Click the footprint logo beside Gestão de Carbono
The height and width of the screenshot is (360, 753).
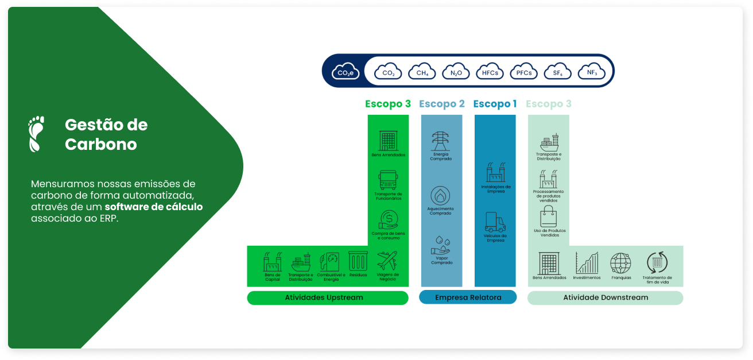pos(36,134)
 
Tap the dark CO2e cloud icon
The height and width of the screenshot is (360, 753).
pos(346,71)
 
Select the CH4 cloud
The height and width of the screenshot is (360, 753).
pos(422,71)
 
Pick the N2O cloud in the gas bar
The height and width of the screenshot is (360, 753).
pos(456,71)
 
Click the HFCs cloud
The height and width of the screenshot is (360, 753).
pos(490,71)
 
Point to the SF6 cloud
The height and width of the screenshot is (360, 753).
pos(557,71)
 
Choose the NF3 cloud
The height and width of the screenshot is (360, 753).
pos(591,71)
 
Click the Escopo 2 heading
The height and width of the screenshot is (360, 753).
pos(441,104)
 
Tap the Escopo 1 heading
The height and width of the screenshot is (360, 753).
pos(495,104)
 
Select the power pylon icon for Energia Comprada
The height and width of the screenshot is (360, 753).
pos(441,141)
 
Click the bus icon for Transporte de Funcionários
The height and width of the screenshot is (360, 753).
pos(388,180)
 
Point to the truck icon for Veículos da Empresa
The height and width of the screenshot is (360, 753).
pos(495,222)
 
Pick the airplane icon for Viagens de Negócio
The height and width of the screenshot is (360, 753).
pos(387,261)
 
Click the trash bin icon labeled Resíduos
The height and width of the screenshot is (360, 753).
pos(358,262)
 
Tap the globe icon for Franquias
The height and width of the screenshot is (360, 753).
pos(620,262)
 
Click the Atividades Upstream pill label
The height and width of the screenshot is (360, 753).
pos(327,297)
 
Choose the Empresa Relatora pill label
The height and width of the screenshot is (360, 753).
pos(468,297)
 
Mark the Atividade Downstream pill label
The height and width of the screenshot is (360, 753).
pos(605,297)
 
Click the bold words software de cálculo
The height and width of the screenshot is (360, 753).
pos(153,207)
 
